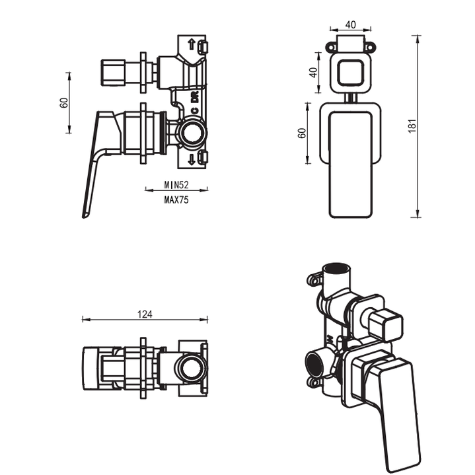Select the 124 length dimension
click(145, 314)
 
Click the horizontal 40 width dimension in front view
click(350, 25)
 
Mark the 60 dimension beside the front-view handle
click(302, 132)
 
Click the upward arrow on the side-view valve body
click(192, 45)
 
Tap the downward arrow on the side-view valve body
click(192, 159)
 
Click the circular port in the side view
click(193, 133)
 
